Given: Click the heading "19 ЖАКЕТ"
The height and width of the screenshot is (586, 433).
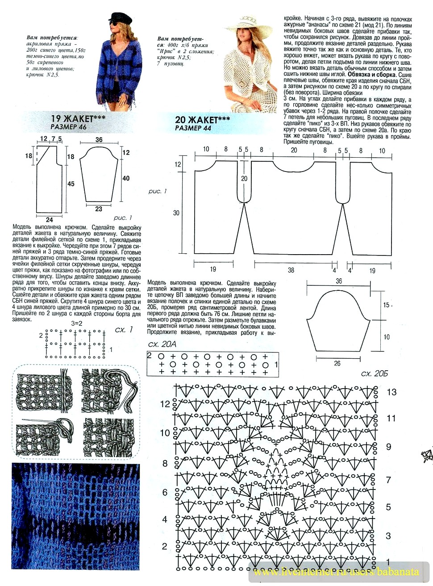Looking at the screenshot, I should [78, 118].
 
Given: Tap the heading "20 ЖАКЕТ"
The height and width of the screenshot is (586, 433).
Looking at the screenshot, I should [202, 120].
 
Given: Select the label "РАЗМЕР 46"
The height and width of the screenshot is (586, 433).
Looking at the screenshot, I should [68, 127].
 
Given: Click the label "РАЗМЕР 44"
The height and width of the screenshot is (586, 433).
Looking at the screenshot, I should [193, 128].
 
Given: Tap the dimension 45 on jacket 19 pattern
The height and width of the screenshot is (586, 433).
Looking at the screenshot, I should [71, 184].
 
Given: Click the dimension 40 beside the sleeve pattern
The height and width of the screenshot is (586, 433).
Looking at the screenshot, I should [126, 178].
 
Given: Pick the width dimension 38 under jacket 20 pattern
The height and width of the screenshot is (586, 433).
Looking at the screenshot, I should [291, 270].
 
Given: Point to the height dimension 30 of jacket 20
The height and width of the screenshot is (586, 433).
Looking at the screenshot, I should [176, 213].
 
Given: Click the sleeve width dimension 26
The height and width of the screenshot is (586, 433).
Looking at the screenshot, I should [337, 364].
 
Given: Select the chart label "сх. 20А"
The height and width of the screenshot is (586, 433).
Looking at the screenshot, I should [162, 344].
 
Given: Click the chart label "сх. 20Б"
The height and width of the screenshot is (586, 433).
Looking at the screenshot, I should [375, 373].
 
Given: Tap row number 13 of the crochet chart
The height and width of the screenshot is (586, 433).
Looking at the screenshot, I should [391, 392].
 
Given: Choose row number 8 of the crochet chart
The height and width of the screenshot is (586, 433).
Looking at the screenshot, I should [165, 464].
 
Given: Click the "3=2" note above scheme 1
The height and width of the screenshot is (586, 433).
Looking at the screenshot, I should [77, 323].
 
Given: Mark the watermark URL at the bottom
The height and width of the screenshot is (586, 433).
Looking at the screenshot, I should [336, 572].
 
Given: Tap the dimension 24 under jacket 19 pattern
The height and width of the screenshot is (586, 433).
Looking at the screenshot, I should [49, 220].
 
